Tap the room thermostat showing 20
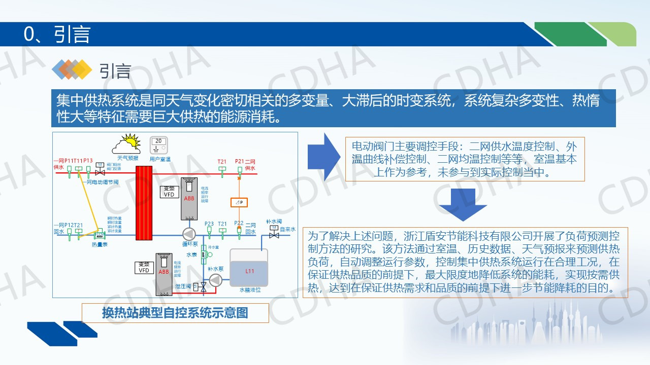click(159, 144)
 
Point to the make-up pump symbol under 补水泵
click(216, 280)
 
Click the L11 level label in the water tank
click(249, 271)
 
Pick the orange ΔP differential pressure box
click(239, 203)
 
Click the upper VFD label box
click(169, 192)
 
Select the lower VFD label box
click(144, 268)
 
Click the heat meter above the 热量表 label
click(100, 235)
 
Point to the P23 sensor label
click(209, 224)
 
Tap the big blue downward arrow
click(463, 204)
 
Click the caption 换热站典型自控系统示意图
click(175, 313)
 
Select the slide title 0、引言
click(57, 34)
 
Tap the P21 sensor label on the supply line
click(240, 162)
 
